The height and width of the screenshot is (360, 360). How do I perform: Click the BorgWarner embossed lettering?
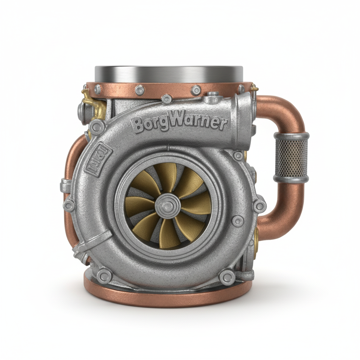pos(179,123)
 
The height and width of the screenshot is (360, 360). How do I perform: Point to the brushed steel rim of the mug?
pos(169,74)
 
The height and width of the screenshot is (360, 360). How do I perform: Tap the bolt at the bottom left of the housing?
pos(104,276)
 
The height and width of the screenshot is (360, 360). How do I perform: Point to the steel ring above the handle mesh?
pos(291,136)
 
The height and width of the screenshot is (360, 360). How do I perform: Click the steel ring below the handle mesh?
pos(291,179)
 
